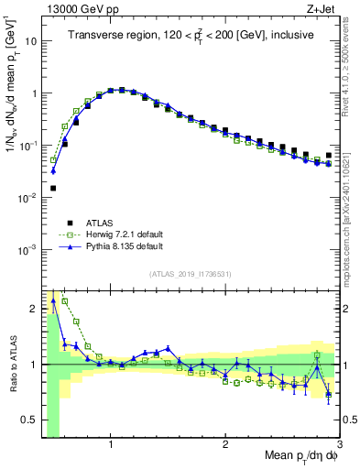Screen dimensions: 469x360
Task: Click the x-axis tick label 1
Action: [x=110, y=445]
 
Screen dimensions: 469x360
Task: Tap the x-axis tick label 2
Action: [x=225, y=445]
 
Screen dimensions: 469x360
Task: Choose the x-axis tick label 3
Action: [x=339, y=445]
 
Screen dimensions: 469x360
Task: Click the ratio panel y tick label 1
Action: [x=33, y=365]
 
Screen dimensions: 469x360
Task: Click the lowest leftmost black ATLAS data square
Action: [x=53, y=189]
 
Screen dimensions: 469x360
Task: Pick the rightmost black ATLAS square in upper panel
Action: [x=329, y=156]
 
